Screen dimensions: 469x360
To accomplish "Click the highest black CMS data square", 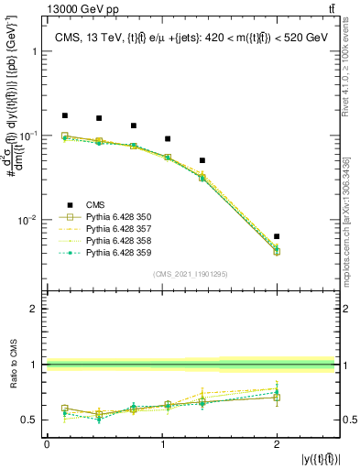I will [x=64, y=115].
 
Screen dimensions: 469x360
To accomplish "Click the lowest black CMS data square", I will [x=277, y=236].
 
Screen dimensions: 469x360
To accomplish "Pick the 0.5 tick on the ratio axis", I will [x=33, y=420].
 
